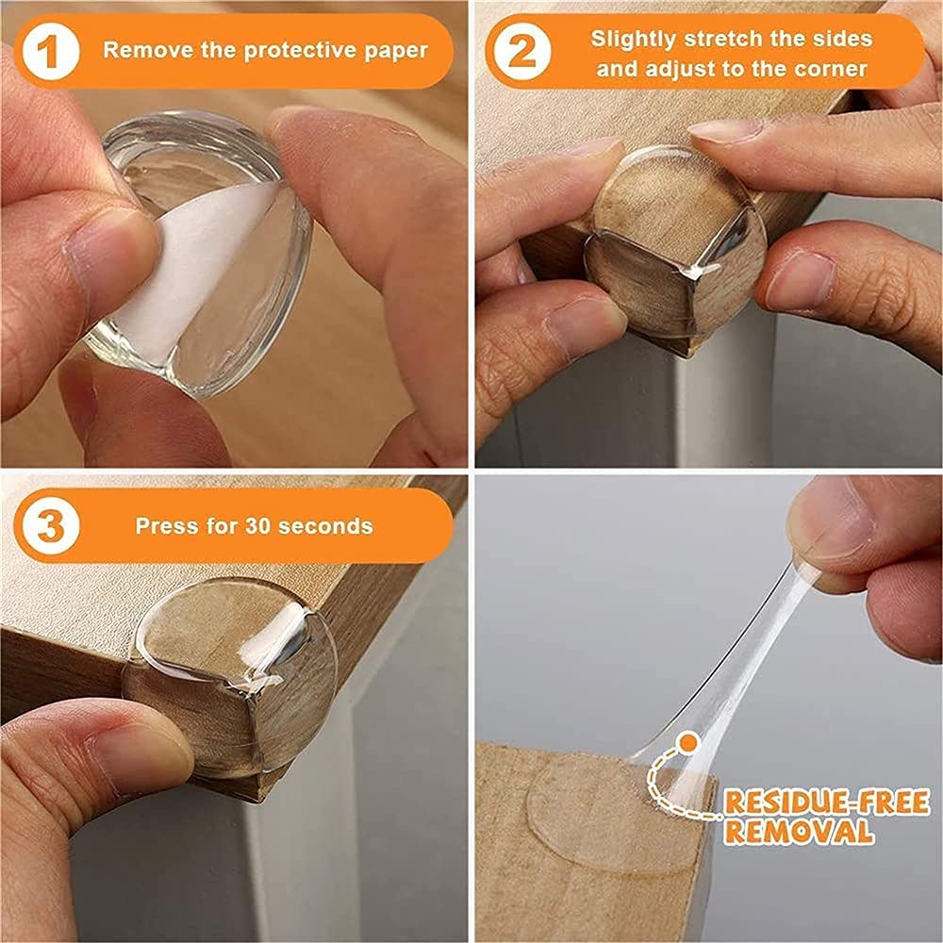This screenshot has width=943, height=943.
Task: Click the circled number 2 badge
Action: (x=521, y=53)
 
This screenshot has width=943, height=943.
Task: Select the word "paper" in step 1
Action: (x=400, y=50)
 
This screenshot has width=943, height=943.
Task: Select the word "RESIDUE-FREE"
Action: (x=826, y=803)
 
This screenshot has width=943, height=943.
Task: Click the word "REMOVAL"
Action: (x=798, y=832)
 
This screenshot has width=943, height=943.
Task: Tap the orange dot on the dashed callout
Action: (x=689, y=744)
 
